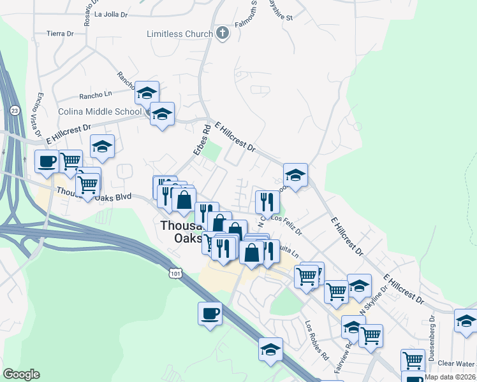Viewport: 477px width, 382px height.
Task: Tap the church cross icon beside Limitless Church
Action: pyautogui.click(x=222, y=33)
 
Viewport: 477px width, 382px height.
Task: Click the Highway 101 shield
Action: pyautogui.click(x=175, y=272)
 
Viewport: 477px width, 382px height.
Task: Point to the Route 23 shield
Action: pyautogui.click(x=15, y=110)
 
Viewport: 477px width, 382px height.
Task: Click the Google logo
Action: pyautogui.click(x=21, y=374)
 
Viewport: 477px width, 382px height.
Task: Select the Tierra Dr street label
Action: pyautogui.click(x=61, y=33)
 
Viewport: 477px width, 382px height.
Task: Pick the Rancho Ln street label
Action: pyautogui.click(x=95, y=96)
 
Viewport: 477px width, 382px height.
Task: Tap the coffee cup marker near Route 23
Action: pyautogui.click(x=47, y=162)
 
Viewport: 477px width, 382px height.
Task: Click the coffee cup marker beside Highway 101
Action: pyautogui.click(x=210, y=313)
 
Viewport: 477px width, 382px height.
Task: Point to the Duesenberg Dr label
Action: pyautogui.click(x=432, y=334)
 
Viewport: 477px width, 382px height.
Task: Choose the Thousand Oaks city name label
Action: pyautogui.click(x=182, y=232)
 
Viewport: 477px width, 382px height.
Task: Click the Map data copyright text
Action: pyautogui.click(x=450, y=377)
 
